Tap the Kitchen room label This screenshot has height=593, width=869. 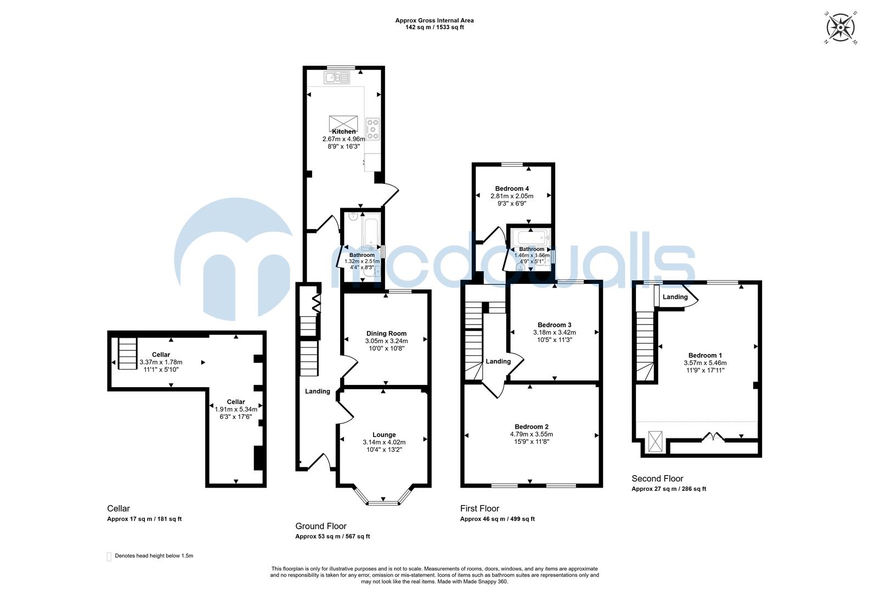pyautogui.click(x=343, y=132)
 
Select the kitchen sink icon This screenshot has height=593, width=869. pyautogui.click(x=337, y=77)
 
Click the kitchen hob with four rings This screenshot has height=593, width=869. pyautogui.click(x=373, y=128)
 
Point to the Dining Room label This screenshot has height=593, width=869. pyautogui.click(x=386, y=333)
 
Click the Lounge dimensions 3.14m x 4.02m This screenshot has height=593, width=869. pyautogui.click(x=384, y=442)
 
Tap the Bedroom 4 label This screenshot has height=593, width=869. pyautogui.click(x=512, y=188)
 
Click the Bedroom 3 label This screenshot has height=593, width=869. pyautogui.click(x=554, y=325)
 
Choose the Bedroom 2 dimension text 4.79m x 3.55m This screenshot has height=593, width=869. pyautogui.click(x=531, y=434)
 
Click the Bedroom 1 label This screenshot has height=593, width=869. pyautogui.click(x=703, y=355)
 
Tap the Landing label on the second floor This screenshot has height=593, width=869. pyautogui.click(x=675, y=297)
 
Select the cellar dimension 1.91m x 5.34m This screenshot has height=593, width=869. pyautogui.click(x=236, y=409)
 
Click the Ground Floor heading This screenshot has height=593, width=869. pyautogui.click(x=320, y=526)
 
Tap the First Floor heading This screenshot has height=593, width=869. pyautogui.click(x=479, y=508)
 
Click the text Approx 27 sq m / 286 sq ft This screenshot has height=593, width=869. pyautogui.click(x=668, y=489)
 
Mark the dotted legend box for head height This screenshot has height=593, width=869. pyautogui.click(x=109, y=556)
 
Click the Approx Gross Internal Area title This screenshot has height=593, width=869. pyautogui.click(x=434, y=20)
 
